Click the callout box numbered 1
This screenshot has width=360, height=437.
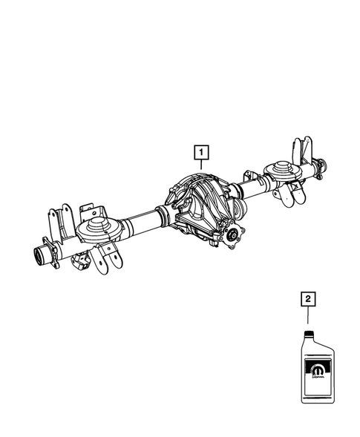point(200,154)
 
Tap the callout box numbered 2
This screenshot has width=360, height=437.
point(306,300)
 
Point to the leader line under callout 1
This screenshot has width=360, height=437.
point(200,169)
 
